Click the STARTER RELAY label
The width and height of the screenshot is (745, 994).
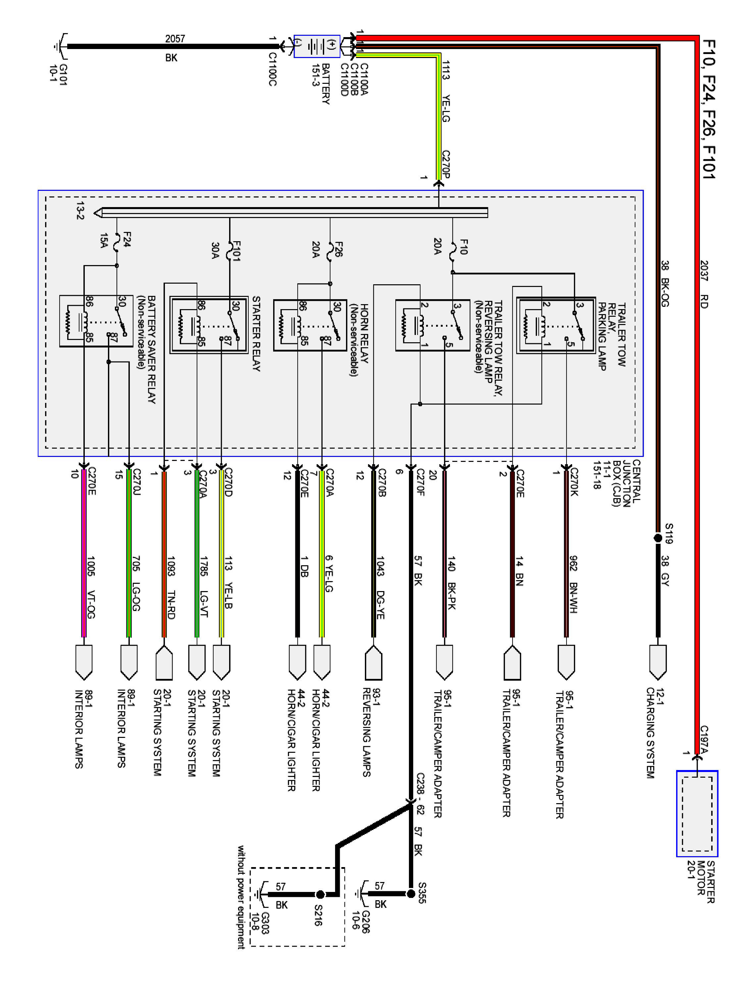point(256,333)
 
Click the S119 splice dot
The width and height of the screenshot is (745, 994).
point(658,537)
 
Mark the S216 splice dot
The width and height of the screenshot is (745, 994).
point(320,894)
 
